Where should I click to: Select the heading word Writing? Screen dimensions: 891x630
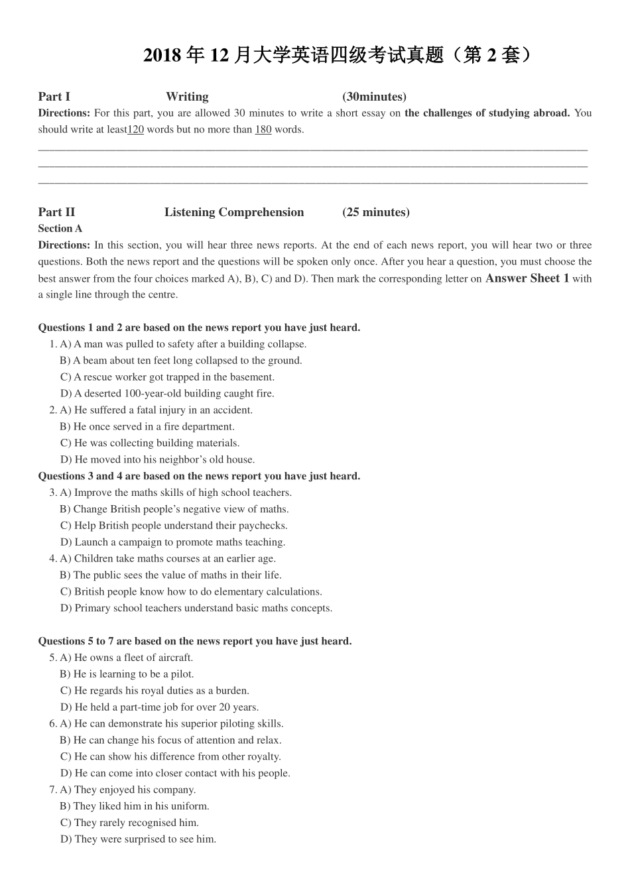tap(187, 97)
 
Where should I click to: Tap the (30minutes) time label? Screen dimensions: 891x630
tap(374, 97)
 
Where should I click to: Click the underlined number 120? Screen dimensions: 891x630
tap(135, 129)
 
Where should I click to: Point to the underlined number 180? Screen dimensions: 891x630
tap(263, 129)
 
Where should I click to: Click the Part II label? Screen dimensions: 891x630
tap(56, 212)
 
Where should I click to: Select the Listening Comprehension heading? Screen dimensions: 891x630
tap(234, 212)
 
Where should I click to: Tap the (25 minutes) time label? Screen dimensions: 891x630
tap(376, 212)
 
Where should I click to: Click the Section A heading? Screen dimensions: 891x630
tap(60, 229)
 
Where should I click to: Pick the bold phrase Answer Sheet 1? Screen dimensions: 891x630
tap(527, 278)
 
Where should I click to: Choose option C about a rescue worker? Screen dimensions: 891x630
tap(167, 377)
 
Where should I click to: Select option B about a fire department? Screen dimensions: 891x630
tap(147, 427)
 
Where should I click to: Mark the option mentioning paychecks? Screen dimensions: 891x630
tap(174, 526)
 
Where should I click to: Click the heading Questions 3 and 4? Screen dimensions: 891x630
tap(199, 476)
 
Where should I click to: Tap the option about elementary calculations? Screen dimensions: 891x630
tap(191, 592)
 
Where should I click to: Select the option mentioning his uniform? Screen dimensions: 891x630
tap(135, 806)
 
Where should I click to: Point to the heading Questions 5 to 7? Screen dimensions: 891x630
tap(195, 641)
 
